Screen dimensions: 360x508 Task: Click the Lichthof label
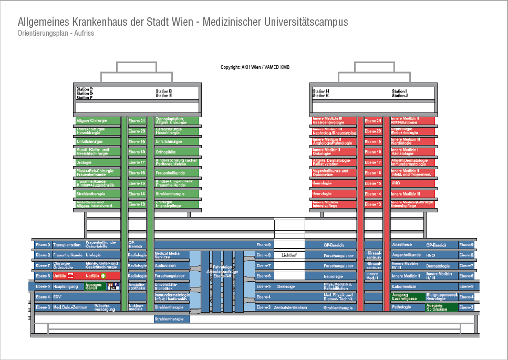pyautogui.click(x=289, y=255)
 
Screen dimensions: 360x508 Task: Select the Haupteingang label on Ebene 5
pyautogui.click(x=66, y=286)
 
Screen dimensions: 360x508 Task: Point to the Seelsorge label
pyautogui.click(x=286, y=286)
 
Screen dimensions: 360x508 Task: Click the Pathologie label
pyautogui.click(x=402, y=307)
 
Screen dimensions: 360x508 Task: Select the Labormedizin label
pyautogui.click(x=404, y=286)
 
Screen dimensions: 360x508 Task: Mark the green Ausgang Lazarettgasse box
pyautogui.click(x=407, y=297)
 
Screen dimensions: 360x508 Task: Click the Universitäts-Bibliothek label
pyautogui.click(x=165, y=286)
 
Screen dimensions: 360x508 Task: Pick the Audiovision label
pyautogui.click(x=165, y=265)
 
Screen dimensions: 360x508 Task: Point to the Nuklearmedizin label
pyautogui.click(x=136, y=307)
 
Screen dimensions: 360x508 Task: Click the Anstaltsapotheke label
pyautogui.click(x=137, y=286)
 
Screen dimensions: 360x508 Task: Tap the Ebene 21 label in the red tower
pyautogui.click(x=373, y=121)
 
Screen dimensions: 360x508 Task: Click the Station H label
pyautogui.click(x=320, y=91)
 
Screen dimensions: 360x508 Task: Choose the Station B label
pyautogui.click(x=164, y=91)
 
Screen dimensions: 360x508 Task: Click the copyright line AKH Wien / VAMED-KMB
pyautogui.click(x=255, y=67)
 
